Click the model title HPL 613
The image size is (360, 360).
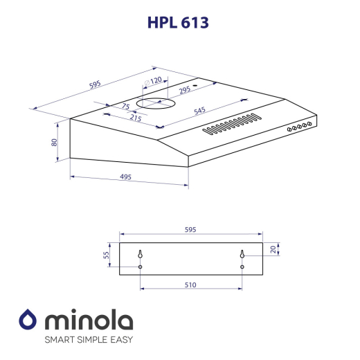click(x=178, y=22)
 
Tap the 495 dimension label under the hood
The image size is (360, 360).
click(x=125, y=177)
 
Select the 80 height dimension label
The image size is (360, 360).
click(x=54, y=142)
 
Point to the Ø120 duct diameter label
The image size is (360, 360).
click(x=153, y=80)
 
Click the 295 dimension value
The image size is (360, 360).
click(x=184, y=89)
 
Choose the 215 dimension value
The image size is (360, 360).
click(x=135, y=118)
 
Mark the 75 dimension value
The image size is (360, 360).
click(x=125, y=106)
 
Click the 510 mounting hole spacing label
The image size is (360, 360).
click(x=190, y=285)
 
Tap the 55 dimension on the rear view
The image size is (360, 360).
click(x=107, y=255)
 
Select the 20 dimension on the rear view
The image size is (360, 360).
click(x=273, y=249)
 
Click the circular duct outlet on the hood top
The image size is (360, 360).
click(x=156, y=104)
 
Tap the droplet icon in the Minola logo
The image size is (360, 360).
click(x=28, y=321)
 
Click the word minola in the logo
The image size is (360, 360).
click(x=89, y=321)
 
